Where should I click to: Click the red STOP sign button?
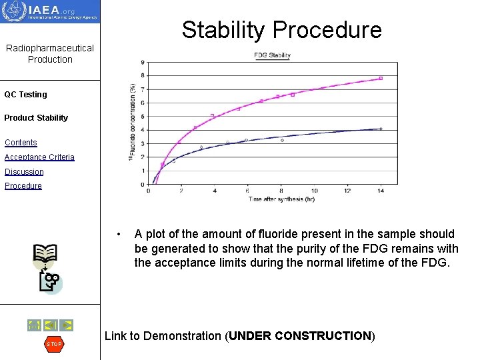point(53,344)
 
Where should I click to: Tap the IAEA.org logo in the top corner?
point(50,11)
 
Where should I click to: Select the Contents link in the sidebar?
point(21,143)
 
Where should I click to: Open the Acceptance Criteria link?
point(39,157)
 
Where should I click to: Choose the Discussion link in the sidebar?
point(24,172)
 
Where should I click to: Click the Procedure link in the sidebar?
point(23,186)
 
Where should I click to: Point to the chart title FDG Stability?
point(272,55)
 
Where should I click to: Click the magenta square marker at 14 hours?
point(381,78)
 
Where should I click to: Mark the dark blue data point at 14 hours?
point(381,129)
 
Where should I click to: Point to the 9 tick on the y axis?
point(143,63)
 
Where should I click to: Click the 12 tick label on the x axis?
point(347,191)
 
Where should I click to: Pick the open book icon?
point(45,254)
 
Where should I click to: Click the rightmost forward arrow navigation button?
point(66,325)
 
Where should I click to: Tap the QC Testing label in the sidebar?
point(25,95)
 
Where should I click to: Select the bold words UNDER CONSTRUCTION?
point(300,336)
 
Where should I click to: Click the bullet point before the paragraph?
point(118,235)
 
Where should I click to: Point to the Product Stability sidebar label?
point(36,118)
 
